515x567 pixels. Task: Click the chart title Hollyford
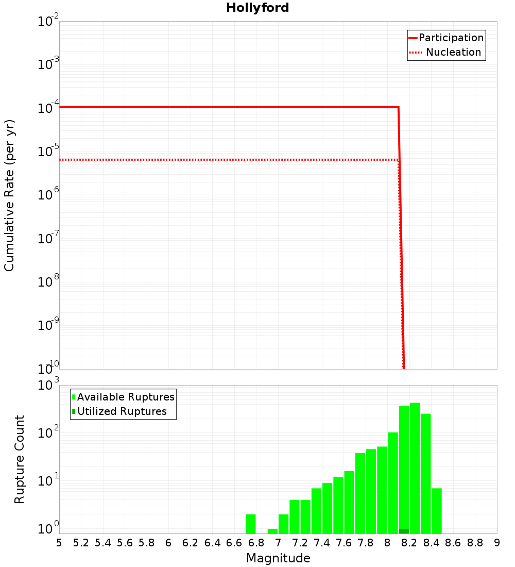(257, 8)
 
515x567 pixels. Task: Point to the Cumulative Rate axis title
(9, 195)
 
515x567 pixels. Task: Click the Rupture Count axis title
(20, 459)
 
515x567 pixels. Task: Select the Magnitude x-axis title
(278, 558)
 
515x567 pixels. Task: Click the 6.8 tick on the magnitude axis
(256, 542)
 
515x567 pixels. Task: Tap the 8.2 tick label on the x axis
(409, 542)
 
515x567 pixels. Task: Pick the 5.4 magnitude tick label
(103, 542)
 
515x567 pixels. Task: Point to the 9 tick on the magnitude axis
(496, 542)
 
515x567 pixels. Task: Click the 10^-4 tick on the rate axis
(48, 108)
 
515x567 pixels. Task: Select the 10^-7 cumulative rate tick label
(48, 238)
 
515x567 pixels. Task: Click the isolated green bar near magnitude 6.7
(251, 524)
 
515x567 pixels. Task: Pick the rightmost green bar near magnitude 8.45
(437, 511)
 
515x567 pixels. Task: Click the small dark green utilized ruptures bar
(404, 531)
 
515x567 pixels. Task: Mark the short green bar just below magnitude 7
(272, 531)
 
